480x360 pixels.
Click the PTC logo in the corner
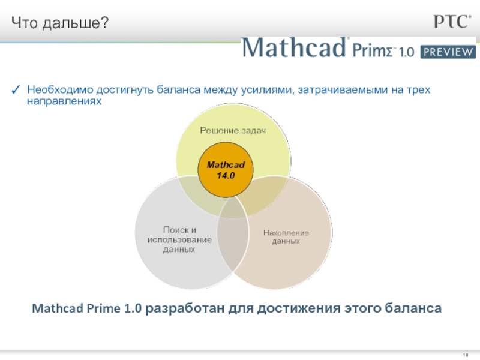pos(452,22)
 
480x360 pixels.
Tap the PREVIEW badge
pos(448,52)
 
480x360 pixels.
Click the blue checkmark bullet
pos(16,89)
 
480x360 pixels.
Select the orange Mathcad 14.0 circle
pos(226,170)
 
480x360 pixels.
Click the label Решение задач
pos(233,130)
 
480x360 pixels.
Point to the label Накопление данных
pos(286,237)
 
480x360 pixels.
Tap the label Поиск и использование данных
pos(179,239)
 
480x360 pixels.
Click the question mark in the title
pos(104,22)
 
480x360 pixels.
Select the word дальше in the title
pos(71,23)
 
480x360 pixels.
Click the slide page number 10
pos(466,355)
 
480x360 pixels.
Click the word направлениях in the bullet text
pos(64,101)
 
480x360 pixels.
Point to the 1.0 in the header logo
pos(406,52)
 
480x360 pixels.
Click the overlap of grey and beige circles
pos(233,234)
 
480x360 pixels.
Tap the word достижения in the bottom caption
pos(299,308)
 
